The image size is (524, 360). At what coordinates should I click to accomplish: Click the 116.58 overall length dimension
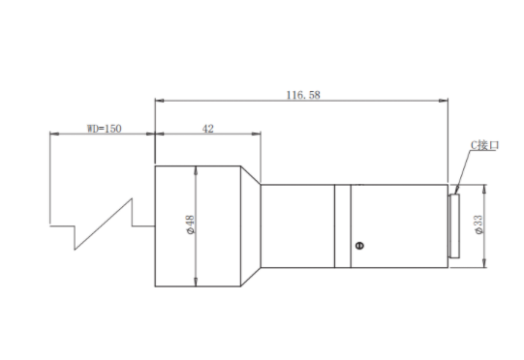point(303,95)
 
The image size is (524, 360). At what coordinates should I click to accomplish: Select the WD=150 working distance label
point(105,129)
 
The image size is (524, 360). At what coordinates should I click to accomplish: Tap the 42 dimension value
point(208,129)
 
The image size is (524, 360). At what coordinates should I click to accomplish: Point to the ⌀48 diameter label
point(190,225)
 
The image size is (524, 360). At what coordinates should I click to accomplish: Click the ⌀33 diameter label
point(478,225)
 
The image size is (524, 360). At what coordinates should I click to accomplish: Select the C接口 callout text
point(485,145)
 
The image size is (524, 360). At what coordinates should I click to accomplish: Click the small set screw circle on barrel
point(359,246)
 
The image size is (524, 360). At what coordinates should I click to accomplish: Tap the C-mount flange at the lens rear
point(454,226)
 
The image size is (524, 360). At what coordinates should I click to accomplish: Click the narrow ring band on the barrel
point(343,226)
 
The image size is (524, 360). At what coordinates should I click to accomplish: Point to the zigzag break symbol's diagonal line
point(103,225)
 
